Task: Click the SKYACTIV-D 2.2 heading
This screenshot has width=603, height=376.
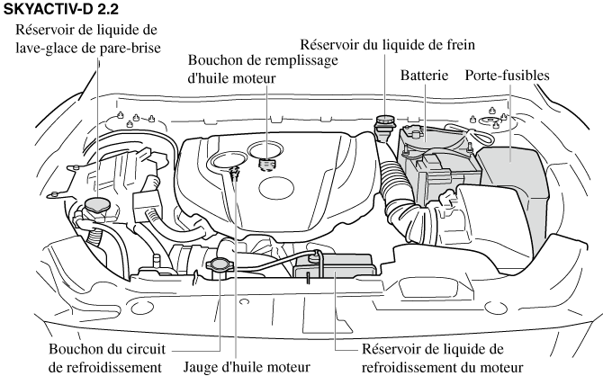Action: click(x=61, y=9)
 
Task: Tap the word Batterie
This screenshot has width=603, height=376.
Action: click(x=424, y=76)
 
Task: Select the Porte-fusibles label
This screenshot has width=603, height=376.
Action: click(x=507, y=76)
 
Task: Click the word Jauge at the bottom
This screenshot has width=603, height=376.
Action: click(x=201, y=368)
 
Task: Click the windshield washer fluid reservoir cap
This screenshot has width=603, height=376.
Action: click(x=97, y=205)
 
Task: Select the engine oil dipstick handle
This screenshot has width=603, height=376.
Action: click(x=234, y=172)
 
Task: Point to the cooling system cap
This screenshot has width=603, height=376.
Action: click(x=220, y=265)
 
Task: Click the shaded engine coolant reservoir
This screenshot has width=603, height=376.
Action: click(x=334, y=266)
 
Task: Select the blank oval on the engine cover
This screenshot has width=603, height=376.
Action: click(x=276, y=188)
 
